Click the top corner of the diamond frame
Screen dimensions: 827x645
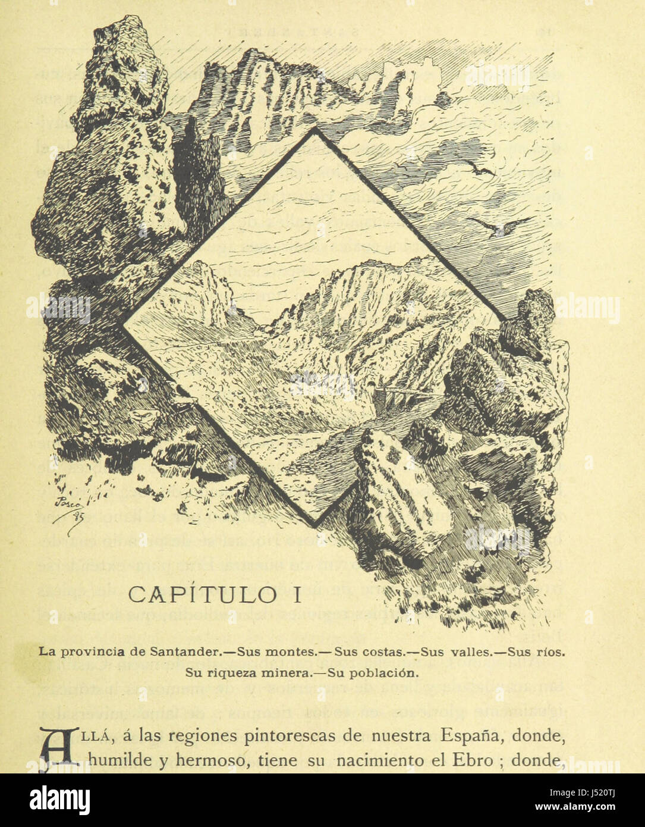[x=315, y=131]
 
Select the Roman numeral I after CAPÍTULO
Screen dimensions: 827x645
[x=297, y=594]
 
